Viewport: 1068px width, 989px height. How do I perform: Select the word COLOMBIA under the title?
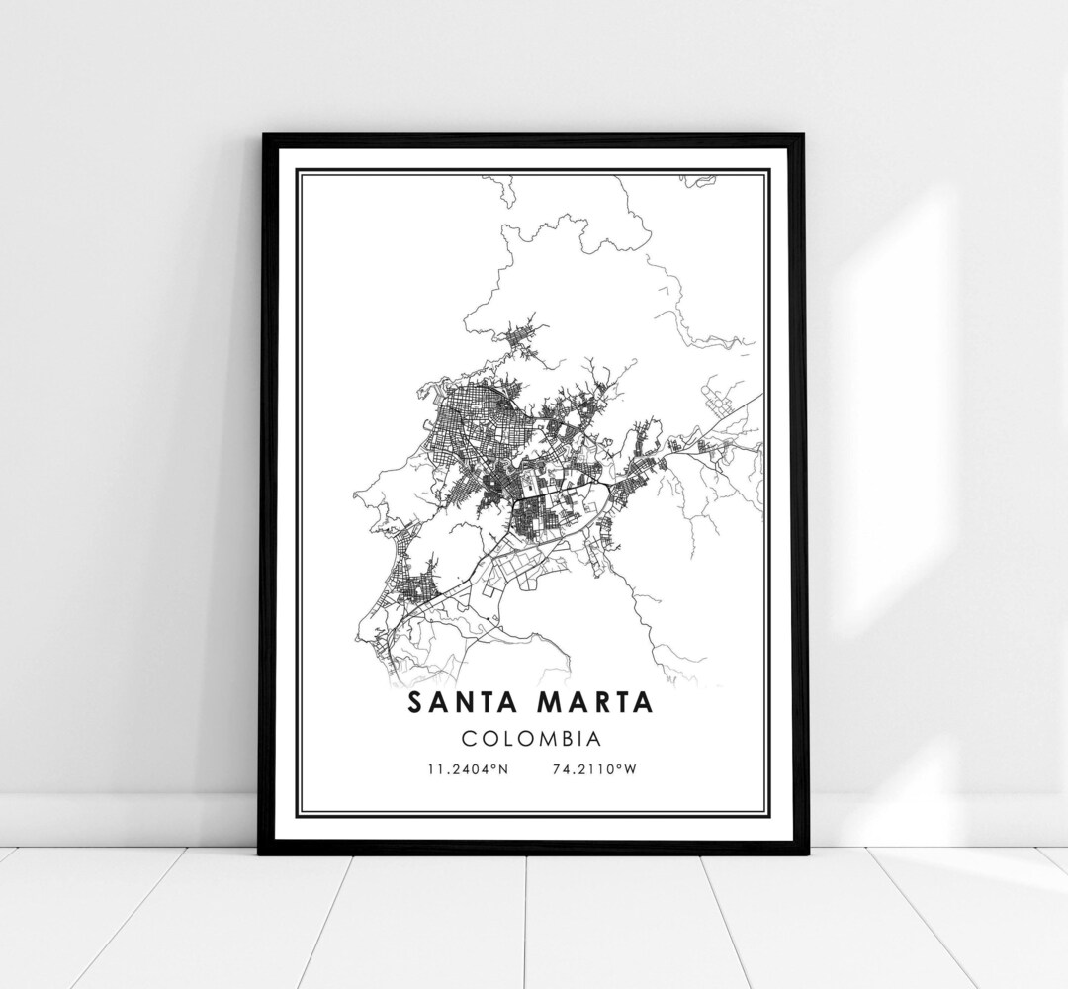[x=533, y=738]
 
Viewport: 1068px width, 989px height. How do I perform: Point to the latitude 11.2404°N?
[x=468, y=768]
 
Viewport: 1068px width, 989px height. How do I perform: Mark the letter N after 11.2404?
[x=502, y=768]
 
